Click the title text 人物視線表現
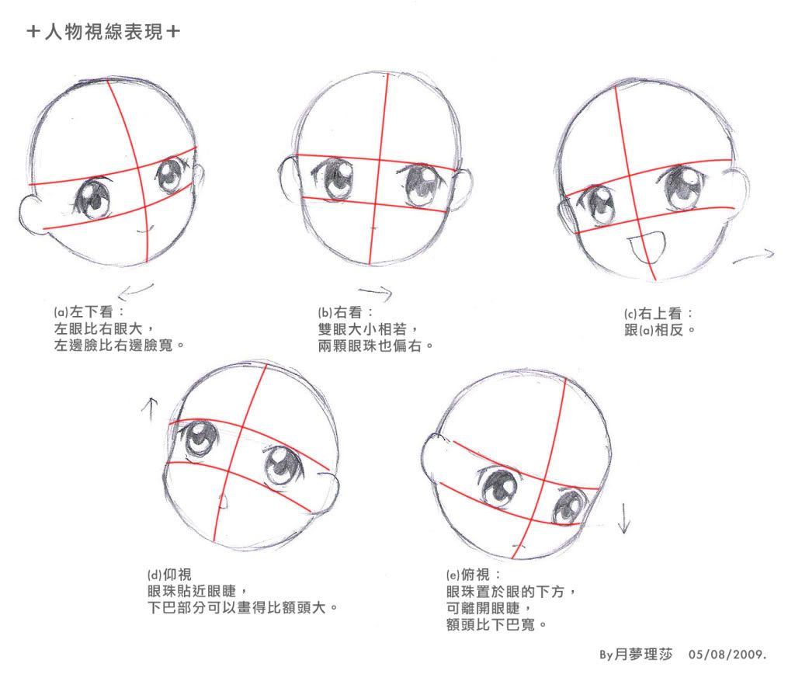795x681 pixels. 103,32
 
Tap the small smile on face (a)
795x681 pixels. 145,231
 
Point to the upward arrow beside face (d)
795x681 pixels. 150,409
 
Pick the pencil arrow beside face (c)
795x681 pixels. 753,256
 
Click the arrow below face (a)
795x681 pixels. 135,291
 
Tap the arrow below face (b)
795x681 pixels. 376,292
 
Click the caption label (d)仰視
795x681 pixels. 169,575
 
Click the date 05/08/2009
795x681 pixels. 727,654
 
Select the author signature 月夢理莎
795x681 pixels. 643,654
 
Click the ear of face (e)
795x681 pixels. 437,457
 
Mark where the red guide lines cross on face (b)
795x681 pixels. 379,160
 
